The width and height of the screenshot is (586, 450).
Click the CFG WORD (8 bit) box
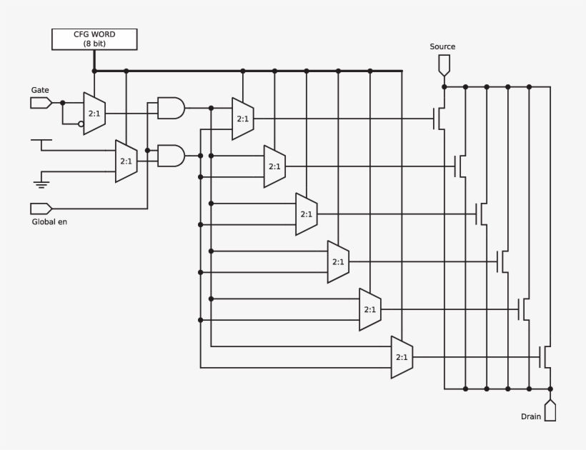click(x=94, y=39)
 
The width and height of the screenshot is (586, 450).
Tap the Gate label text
click(x=40, y=90)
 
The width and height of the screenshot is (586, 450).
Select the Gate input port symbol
click(x=41, y=103)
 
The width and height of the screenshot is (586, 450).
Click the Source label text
click(x=442, y=47)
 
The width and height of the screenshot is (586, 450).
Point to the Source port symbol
click(x=444, y=65)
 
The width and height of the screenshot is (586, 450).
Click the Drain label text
click(x=531, y=416)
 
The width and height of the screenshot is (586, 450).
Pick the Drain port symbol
click(x=550, y=411)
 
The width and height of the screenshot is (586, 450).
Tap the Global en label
click(x=49, y=221)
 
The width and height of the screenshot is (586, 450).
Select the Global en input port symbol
click(x=41, y=209)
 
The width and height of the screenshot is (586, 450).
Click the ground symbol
click(x=41, y=185)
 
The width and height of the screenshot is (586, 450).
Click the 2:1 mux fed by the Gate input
click(x=94, y=114)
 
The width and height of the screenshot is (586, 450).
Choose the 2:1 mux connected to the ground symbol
click(x=126, y=161)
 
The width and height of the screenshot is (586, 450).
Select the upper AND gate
click(x=170, y=109)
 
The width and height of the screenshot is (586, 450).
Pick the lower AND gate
click(x=170, y=156)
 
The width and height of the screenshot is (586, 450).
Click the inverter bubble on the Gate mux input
click(x=81, y=124)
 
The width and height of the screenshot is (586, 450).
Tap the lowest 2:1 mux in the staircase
click(x=402, y=356)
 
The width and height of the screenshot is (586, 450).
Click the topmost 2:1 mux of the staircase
click(x=243, y=119)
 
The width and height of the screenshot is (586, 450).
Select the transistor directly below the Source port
click(x=439, y=119)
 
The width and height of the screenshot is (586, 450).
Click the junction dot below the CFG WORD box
click(x=94, y=71)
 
